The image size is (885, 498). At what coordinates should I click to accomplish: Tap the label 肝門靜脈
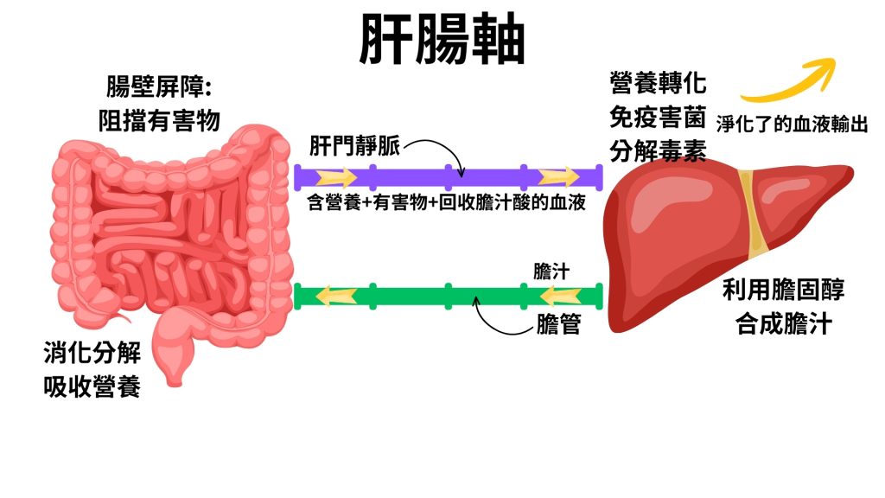tap(354, 147)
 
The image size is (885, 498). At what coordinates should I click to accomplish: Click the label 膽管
tap(557, 324)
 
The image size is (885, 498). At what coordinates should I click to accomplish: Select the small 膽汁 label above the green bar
tap(551, 271)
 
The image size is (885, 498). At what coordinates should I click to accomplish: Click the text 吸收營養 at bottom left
tap(92, 387)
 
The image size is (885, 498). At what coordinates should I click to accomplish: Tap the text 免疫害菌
tap(658, 118)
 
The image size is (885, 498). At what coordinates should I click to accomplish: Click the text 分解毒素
tap(658, 151)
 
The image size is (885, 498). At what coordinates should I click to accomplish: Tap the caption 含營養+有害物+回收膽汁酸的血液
tap(446, 204)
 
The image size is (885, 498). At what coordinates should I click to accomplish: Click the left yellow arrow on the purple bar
tap(336, 177)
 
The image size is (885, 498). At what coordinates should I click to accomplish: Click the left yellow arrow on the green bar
tap(335, 296)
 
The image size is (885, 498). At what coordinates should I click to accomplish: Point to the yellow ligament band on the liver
tap(756, 212)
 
